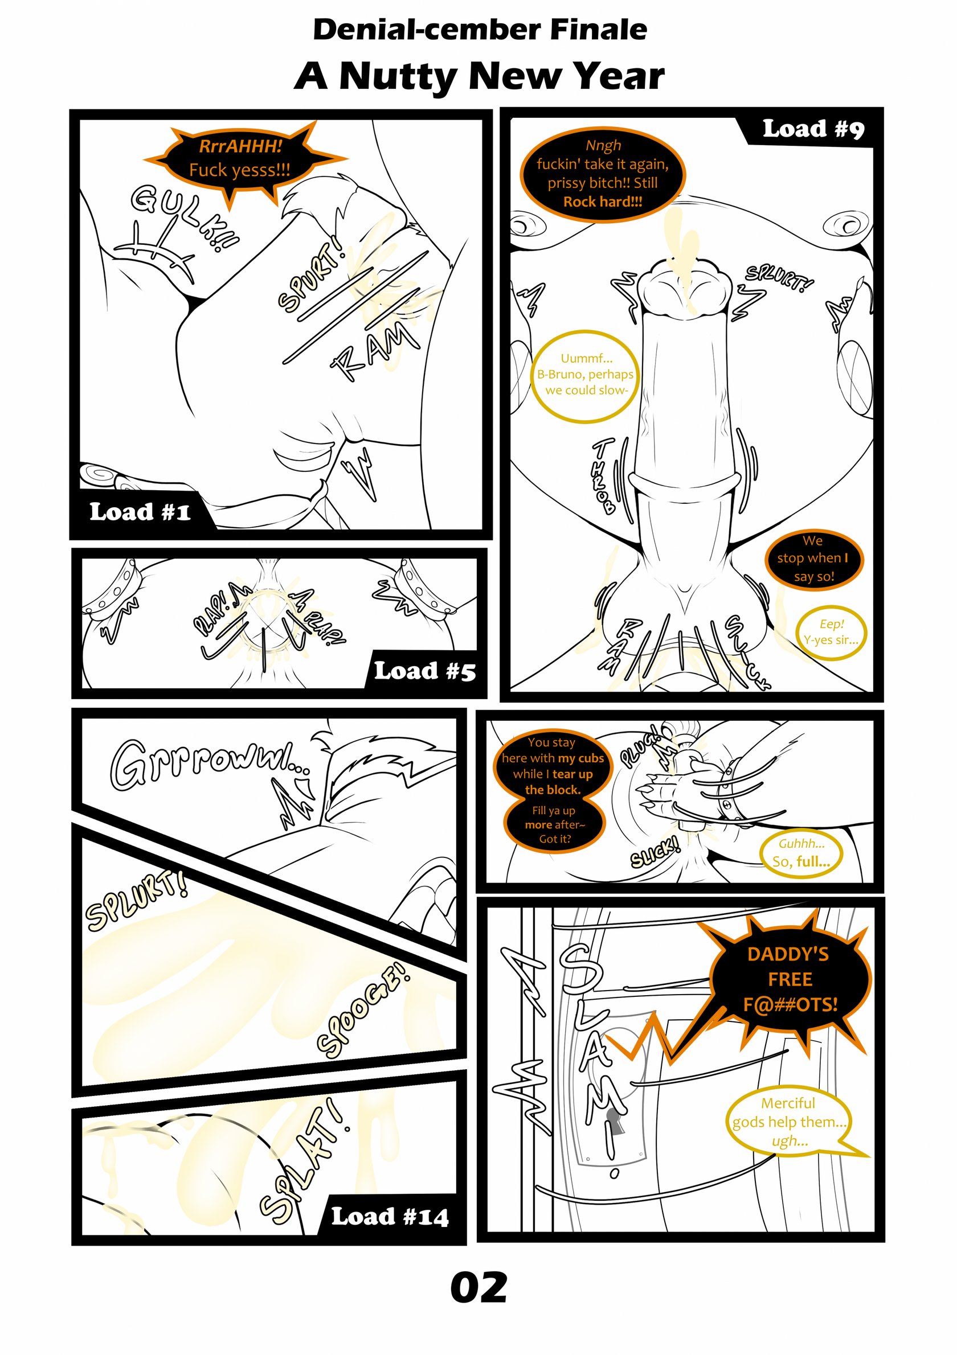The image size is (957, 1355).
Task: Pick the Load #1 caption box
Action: (x=142, y=511)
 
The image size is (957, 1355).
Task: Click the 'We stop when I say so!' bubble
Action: (x=813, y=559)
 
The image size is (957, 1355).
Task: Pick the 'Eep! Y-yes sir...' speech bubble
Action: (x=831, y=632)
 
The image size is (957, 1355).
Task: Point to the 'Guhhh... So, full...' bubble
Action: (x=801, y=852)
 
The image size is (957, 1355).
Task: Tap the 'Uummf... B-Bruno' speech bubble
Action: (x=586, y=375)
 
